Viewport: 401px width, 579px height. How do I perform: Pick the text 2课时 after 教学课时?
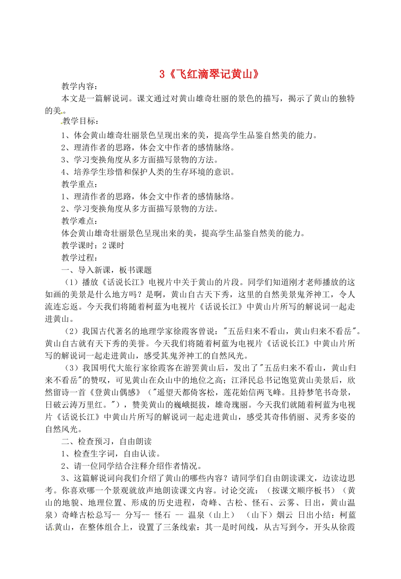pyautogui.click(x=114, y=245)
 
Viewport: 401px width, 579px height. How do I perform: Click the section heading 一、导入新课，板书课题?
pyautogui.click(x=106, y=270)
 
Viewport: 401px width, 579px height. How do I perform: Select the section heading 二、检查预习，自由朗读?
pyautogui.click(x=106, y=442)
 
